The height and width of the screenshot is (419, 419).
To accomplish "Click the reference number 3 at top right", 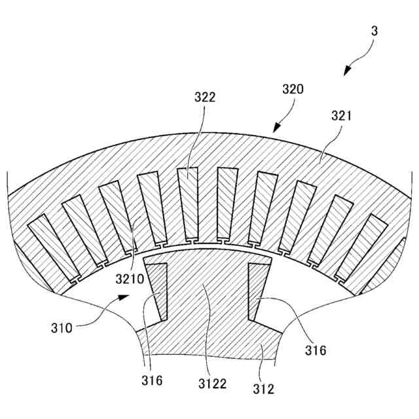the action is [x=374, y=31].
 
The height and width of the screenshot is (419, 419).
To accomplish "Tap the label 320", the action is [x=293, y=90].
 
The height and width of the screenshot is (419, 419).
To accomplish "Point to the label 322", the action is [x=205, y=98].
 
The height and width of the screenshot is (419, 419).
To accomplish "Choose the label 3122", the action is [x=213, y=383].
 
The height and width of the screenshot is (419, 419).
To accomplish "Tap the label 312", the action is [x=264, y=389].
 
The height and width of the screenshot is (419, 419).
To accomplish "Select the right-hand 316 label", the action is [x=316, y=350].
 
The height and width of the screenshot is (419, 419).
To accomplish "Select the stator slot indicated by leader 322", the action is [x=189, y=204].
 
